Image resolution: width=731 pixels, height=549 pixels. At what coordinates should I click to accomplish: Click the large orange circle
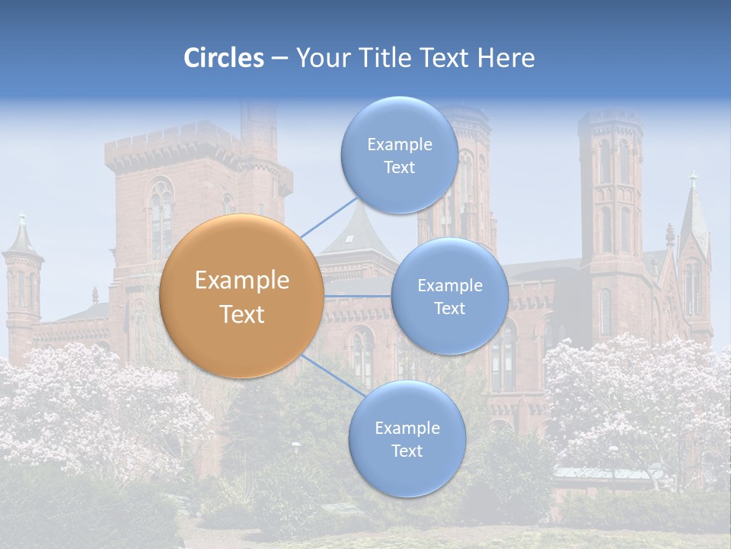click(241, 296)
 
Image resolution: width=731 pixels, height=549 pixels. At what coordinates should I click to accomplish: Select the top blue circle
click(399, 155)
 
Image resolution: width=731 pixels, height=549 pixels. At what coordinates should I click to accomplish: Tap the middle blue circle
click(449, 296)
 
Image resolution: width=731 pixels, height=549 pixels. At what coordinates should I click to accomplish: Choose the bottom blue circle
click(407, 438)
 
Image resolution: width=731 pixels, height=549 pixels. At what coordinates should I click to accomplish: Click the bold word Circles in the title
click(224, 58)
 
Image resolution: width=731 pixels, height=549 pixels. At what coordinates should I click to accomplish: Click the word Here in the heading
click(506, 58)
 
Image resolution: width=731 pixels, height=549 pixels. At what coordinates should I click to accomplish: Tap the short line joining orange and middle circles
click(358, 295)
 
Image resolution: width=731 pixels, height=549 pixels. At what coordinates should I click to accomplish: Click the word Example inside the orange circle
click(241, 281)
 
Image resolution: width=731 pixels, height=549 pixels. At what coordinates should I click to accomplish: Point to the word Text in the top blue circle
click(399, 168)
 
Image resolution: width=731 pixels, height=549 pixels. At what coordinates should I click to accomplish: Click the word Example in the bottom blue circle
click(407, 428)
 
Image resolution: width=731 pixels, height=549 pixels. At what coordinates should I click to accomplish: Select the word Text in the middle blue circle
click(449, 309)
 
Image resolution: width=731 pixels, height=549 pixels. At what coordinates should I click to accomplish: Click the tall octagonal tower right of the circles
click(609, 198)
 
